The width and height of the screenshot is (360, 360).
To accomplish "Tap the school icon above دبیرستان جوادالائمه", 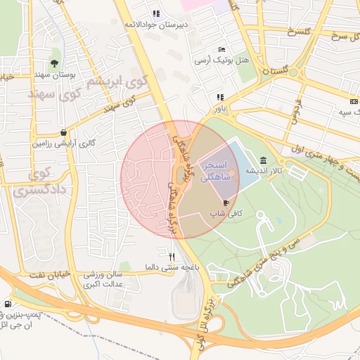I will pyautogui.click(x=155, y=13).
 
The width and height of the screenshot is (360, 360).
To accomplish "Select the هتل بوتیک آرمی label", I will pyautogui.click(x=222, y=60).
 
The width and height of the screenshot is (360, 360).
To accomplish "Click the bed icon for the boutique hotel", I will pyautogui.click(x=222, y=50).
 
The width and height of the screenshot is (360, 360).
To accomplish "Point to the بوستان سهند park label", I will pyautogui.click(x=54, y=73).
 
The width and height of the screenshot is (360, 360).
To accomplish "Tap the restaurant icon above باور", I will pyautogui.click(x=220, y=97).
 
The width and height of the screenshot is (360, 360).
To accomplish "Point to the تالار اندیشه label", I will pyautogui.click(x=263, y=171).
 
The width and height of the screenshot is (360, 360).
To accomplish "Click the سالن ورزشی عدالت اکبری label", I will pyautogui.click(x=104, y=279).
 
